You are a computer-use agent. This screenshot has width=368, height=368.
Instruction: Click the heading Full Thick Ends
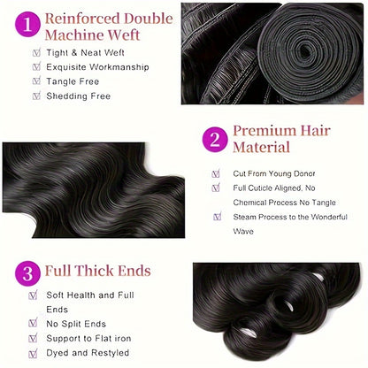point(99,272)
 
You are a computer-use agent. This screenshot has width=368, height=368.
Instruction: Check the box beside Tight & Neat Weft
point(36,52)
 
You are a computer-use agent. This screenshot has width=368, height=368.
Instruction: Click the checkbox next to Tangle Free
point(36,81)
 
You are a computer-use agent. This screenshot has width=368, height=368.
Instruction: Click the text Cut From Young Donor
point(274,173)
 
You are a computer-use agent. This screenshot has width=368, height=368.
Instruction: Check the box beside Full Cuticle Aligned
point(217,188)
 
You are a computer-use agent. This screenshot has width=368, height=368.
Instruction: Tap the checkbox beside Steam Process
point(217,217)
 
